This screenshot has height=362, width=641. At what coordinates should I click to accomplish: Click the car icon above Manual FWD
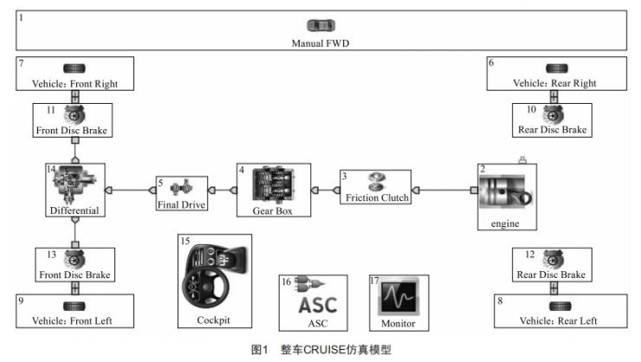[320, 26]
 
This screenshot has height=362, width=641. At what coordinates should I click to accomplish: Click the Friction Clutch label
[376, 197]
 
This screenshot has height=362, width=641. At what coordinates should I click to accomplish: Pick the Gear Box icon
[275, 185]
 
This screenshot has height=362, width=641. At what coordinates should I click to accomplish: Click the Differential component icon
[74, 184]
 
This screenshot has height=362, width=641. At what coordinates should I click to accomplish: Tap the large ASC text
[312, 306]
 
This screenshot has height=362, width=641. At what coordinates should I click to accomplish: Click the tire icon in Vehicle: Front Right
[74, 68]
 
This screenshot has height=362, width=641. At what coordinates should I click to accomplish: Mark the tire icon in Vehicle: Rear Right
[556, 68]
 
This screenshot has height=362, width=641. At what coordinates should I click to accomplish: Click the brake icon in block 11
[75, 114]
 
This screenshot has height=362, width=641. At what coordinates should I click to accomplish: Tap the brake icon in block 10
[553, 114]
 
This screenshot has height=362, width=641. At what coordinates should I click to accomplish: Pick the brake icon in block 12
[553, 258]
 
